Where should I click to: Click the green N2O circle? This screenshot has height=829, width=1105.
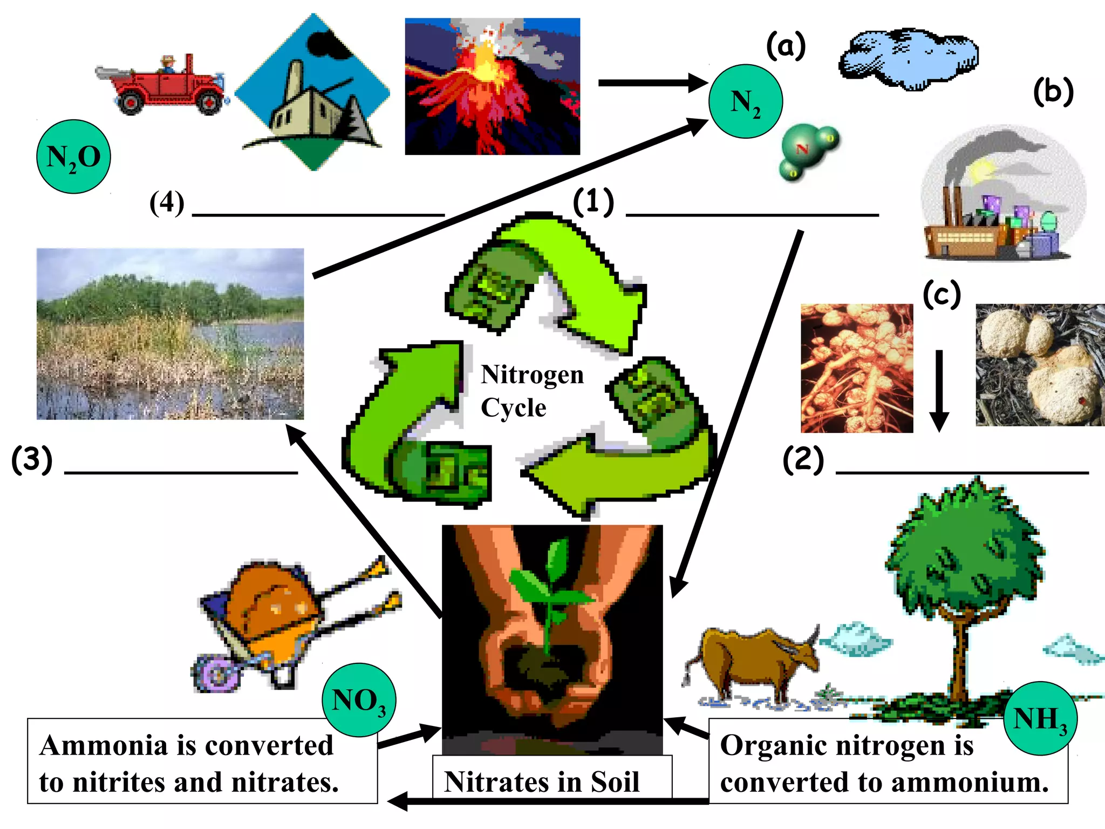point(73,157)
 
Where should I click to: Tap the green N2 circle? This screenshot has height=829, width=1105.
point(745,101)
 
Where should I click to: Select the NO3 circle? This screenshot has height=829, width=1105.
point(359,700)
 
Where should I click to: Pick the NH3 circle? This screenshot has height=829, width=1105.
point(1040,718)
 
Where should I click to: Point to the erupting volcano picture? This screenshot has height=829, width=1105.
point(492,86)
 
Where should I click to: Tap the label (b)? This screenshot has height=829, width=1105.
point(1053,92)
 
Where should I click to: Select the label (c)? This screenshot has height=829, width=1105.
point(942,295)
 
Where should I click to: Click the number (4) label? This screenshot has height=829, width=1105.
point(167,203)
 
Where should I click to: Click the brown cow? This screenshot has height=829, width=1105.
point(755,658)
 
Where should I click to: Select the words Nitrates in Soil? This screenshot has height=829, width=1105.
point(541,782)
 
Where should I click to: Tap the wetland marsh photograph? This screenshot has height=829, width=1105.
point(170,334)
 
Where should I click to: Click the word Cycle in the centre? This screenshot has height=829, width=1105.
point(513,407)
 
